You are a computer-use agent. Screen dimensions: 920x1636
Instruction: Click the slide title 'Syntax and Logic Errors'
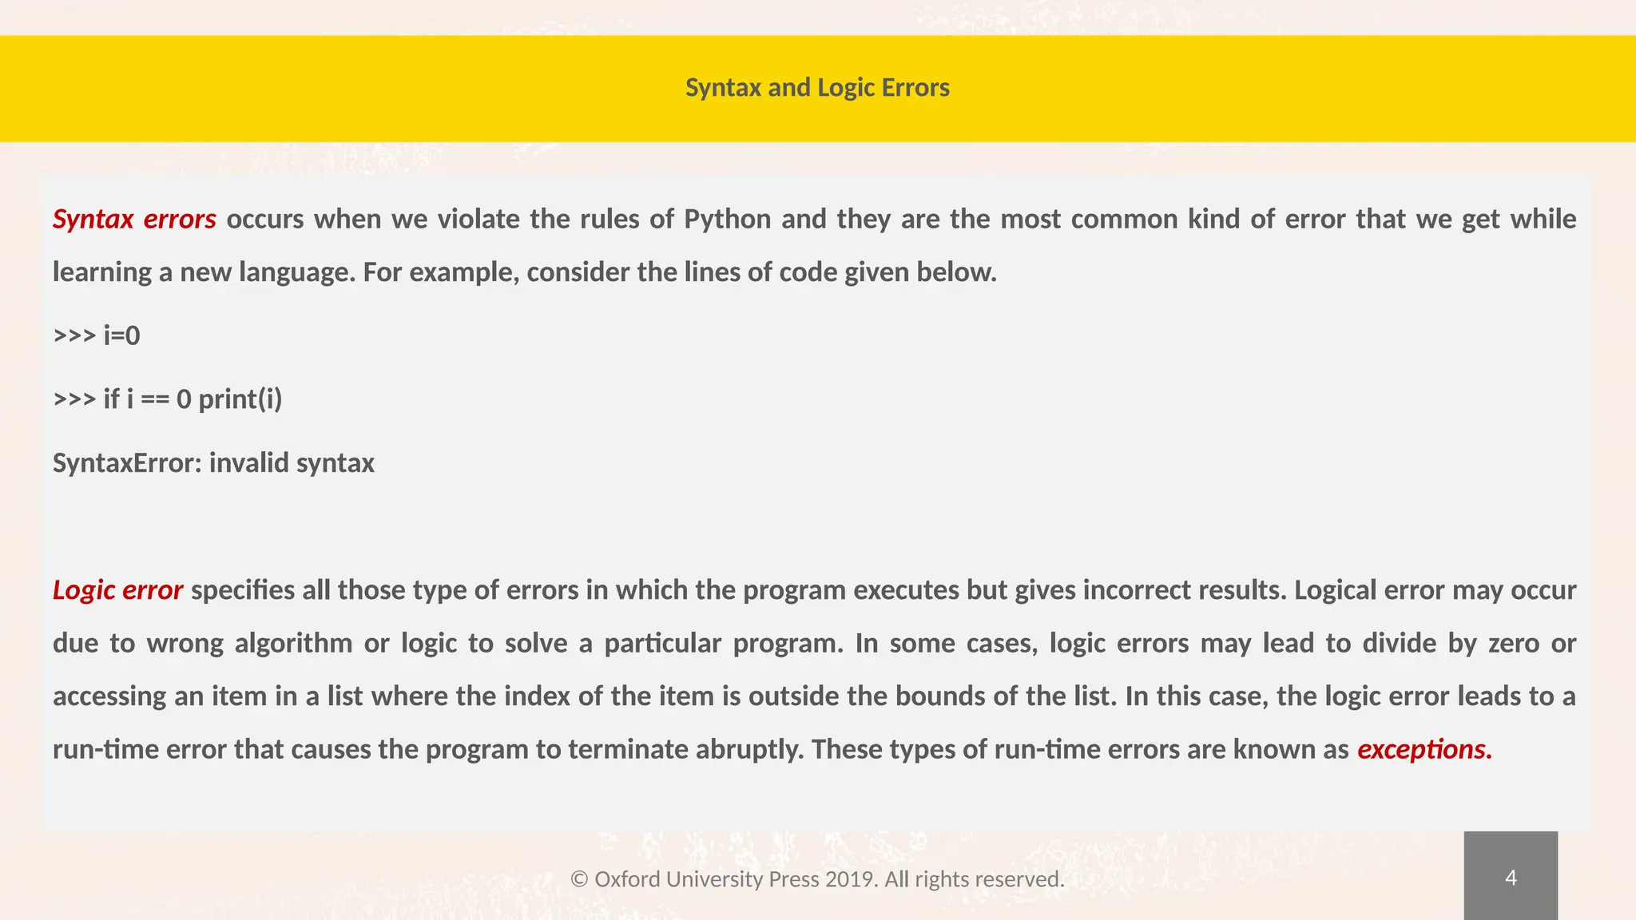coord(817,87)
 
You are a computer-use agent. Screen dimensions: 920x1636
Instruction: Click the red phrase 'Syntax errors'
coord(134,219)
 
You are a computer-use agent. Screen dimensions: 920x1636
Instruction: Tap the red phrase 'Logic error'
coord(117,590)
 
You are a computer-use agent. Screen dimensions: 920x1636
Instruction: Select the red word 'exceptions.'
coord(1424,749)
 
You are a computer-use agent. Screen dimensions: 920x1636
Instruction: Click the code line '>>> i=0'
coord(97,335)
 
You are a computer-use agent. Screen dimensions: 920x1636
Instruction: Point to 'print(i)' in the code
coord(240,399)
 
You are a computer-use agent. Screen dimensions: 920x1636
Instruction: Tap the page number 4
coord(1510,878)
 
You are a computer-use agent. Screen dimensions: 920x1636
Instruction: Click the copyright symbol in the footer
coord(579,879)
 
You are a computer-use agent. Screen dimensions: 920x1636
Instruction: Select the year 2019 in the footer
coord(851,879)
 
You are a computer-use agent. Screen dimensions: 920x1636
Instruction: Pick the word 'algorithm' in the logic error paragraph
coord(293,643)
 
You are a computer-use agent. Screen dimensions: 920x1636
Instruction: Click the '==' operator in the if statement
coord(155,399)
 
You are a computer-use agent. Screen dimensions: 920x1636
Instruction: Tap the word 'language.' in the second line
coord(297,272)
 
